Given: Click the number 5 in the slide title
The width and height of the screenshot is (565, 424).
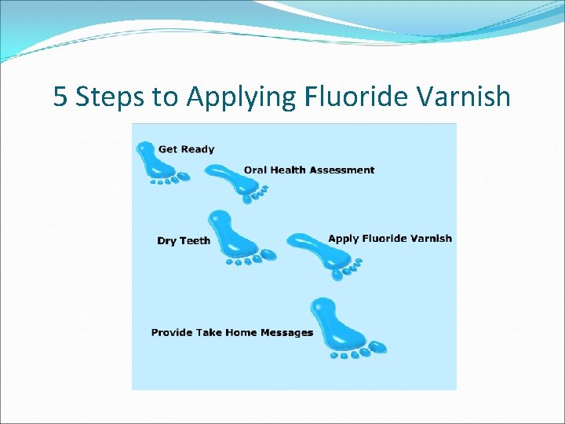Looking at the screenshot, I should pos(60,97).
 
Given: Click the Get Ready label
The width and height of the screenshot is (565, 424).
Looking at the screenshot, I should pos(186,149).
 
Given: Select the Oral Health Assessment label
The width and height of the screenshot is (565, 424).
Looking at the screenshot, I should pos(309,170).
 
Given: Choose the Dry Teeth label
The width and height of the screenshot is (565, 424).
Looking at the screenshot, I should pos(184,241).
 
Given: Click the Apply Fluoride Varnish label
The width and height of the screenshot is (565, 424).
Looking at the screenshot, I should pos(390,239).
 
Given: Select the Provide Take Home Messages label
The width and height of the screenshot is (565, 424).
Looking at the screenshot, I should pos(231,333).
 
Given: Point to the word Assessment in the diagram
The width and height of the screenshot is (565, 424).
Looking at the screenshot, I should pos(346,170).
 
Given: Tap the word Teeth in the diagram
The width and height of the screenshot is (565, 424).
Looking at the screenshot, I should pos(195,241).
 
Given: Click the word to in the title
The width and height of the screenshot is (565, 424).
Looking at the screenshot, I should pos(165,97).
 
